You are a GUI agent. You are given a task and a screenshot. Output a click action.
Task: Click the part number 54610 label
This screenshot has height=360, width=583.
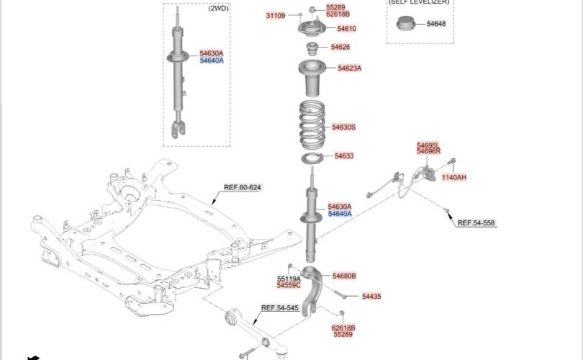346,29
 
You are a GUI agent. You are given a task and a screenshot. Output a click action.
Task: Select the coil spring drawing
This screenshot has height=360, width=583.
312,125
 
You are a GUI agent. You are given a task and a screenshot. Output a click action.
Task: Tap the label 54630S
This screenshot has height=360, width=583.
343,127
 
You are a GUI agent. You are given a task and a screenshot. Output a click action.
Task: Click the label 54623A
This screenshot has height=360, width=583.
350,68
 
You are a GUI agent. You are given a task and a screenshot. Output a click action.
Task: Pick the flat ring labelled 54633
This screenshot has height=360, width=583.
312,158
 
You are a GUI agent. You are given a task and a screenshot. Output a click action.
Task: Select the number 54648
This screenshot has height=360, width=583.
436,24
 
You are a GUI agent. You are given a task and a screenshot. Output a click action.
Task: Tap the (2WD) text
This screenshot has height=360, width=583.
218,8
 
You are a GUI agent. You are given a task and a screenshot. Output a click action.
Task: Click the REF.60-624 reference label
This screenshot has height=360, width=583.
243,187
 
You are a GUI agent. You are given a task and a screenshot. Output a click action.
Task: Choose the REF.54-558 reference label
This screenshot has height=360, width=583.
476,222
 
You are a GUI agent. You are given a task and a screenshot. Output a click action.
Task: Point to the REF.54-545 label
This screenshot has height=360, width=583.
279,308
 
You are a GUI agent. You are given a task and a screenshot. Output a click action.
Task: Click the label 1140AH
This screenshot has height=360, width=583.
454,177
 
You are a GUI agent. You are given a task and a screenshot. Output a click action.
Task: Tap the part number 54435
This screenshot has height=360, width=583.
371,297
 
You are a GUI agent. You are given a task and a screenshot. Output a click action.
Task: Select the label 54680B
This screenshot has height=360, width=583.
344,276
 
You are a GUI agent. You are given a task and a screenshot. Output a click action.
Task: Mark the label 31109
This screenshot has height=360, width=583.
276,16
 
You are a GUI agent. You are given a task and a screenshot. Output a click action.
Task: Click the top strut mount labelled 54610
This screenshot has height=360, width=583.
312,28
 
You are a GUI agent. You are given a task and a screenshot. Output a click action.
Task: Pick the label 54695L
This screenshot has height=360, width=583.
428,145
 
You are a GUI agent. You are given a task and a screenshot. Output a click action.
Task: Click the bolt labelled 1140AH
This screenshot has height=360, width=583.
452,162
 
